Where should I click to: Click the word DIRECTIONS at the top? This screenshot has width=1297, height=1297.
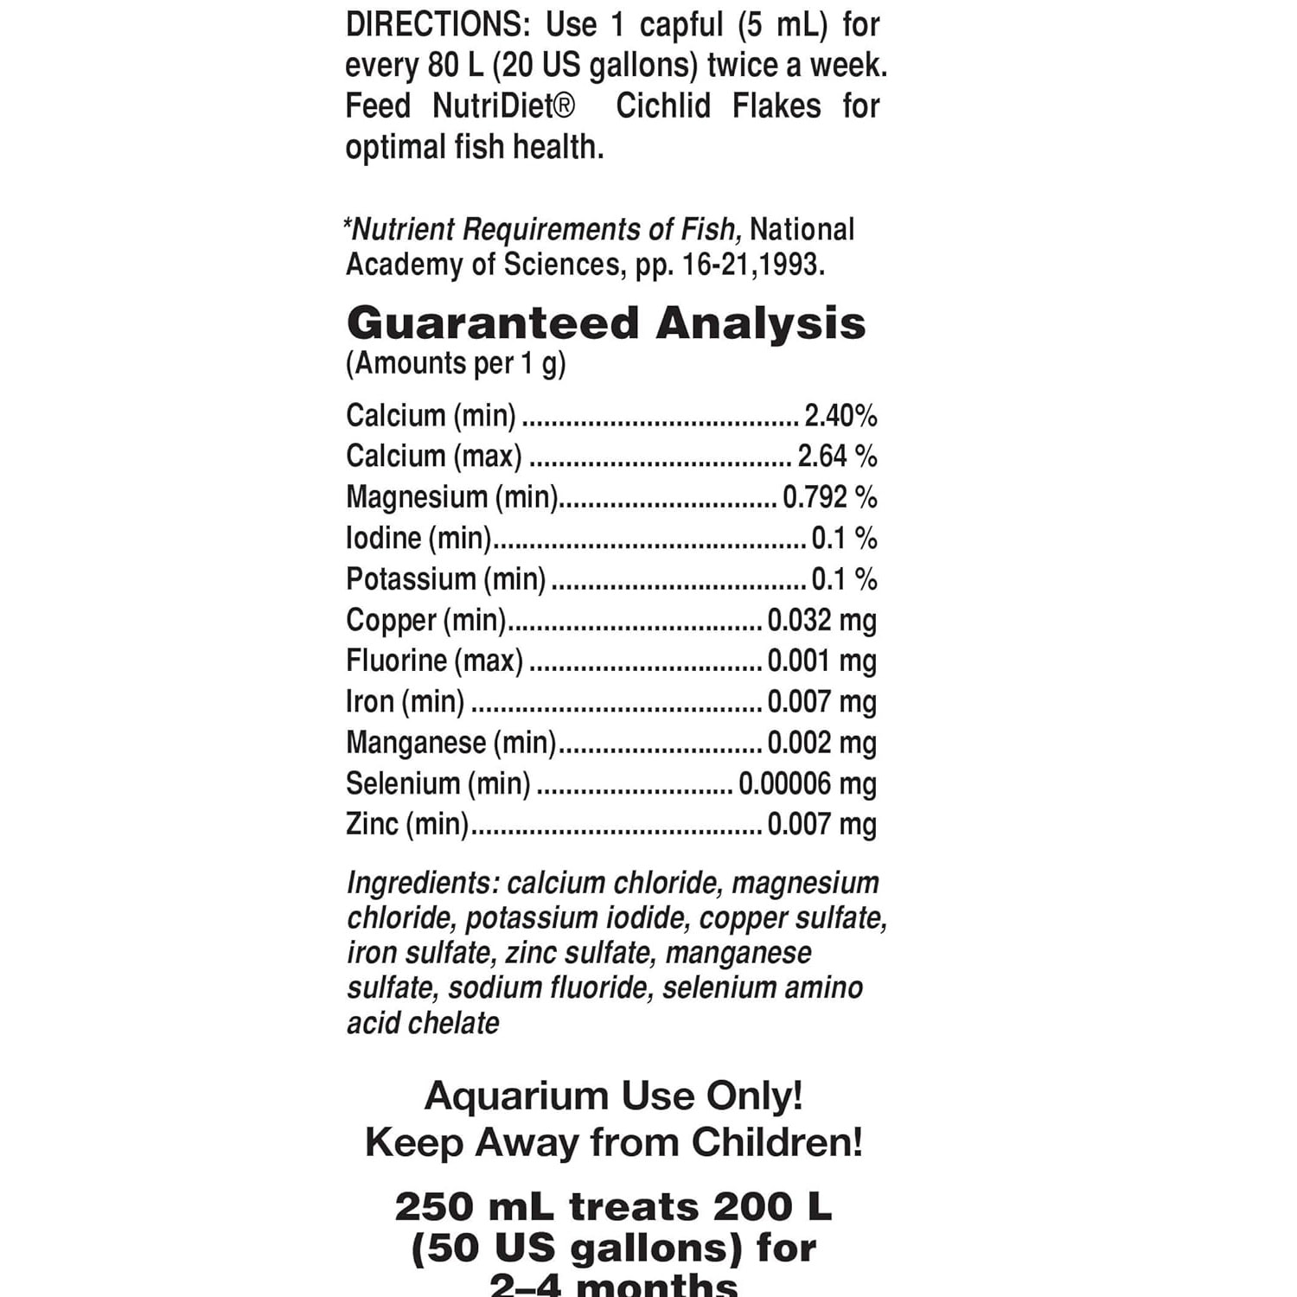437,25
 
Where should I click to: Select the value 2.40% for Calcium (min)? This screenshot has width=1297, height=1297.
840,416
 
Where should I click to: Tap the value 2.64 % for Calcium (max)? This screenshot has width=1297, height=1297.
837,457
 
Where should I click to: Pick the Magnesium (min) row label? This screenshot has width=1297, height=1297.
452,497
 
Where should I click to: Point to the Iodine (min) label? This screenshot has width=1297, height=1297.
418,538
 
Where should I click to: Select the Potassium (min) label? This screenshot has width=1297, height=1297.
446,579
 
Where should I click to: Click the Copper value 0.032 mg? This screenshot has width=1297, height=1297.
821,620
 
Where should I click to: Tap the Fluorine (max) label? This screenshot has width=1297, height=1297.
434,661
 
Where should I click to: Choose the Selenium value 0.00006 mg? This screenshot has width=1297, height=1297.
807,783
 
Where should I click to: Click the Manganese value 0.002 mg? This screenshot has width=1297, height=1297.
821,743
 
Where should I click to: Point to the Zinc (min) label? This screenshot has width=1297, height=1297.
407,824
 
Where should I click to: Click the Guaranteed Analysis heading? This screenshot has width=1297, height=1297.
605,323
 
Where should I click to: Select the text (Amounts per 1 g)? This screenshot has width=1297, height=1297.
456,364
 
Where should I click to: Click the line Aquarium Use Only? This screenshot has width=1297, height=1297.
614,1096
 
